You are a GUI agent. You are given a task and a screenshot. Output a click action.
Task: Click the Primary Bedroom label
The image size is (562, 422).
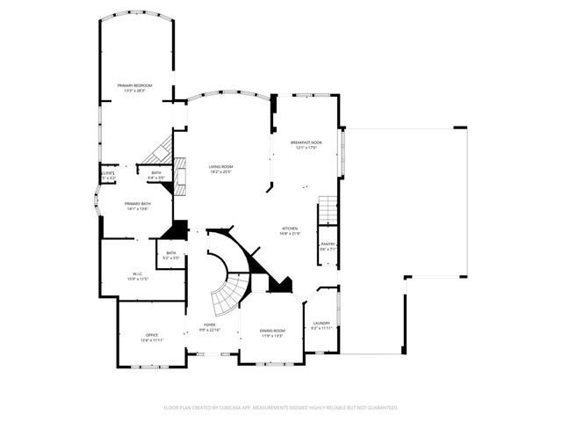pos(135,85)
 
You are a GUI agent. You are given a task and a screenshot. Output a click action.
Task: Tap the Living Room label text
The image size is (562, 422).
pos(220,166)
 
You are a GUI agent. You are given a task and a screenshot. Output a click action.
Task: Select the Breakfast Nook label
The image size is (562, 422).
pos(306,142)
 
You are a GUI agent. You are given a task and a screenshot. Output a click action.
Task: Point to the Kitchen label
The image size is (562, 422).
pos(290,228)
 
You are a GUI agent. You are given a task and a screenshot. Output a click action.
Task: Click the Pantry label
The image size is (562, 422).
pos(328,244)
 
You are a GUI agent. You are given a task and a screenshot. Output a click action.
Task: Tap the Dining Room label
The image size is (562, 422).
pos(272,331)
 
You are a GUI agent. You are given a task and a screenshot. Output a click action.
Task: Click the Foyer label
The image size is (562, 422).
pos(209,325)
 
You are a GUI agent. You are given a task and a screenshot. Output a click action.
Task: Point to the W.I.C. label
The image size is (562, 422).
pos(139,273)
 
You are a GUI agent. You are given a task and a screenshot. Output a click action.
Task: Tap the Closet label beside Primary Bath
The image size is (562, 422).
pos(108,174)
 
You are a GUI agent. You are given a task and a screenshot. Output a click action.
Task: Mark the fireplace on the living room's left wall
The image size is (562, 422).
pos(182,175)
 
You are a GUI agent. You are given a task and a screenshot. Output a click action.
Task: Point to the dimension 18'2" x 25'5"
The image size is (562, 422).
pos(220,171)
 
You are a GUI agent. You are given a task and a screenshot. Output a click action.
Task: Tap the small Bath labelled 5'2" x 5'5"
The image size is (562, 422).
pos(171,255)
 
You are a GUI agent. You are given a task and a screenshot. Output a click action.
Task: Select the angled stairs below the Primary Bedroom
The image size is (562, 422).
pos(161,148)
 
